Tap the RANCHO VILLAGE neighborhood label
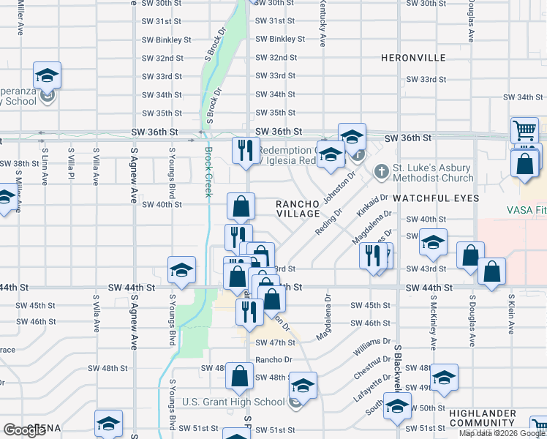click(298, 209)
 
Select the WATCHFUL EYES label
click(436, 198)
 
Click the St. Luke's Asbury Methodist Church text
click(434, 173)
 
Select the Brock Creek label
click(208, 172)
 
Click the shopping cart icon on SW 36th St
click(524, 131)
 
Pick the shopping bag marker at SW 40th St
click(241, 207)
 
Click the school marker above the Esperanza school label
click(47, 75)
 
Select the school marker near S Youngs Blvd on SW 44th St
click(181, 271)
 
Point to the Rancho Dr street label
click(273, 360)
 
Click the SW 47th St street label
click(275, 342)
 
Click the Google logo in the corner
click(24, 430)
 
